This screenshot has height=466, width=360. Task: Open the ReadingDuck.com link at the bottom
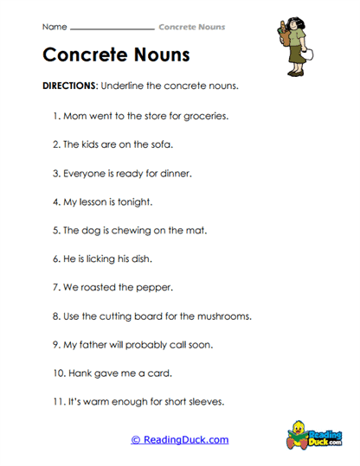pos(179,440)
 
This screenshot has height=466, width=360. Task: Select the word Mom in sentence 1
pos(75,114)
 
